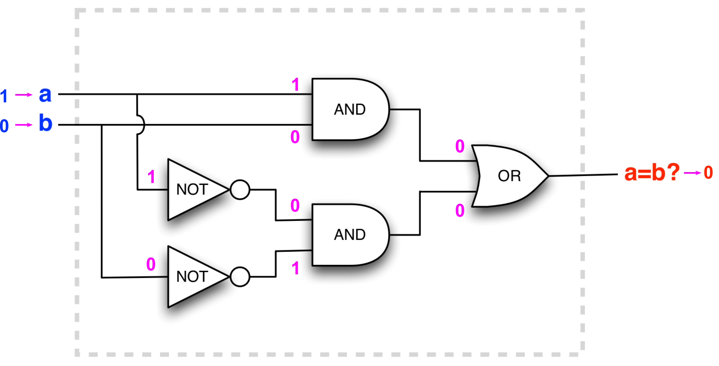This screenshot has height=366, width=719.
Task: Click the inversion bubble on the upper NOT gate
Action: [240, 190]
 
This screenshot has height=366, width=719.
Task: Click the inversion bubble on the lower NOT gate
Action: [240, 277]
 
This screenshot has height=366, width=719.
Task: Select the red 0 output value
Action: [708, 172]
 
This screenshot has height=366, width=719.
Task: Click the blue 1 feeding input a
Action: [4, 96]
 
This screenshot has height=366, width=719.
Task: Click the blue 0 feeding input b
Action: [4, 126]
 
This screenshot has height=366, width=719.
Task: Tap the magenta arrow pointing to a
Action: [24, 95]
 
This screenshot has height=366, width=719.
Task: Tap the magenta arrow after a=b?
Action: [693, 173]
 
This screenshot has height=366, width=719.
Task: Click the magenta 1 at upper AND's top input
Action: [295, 84]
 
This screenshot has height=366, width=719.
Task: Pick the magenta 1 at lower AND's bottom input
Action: [295, 268]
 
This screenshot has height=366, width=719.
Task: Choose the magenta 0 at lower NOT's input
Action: [151, 264]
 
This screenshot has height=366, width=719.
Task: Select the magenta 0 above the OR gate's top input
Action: [460, 146]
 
